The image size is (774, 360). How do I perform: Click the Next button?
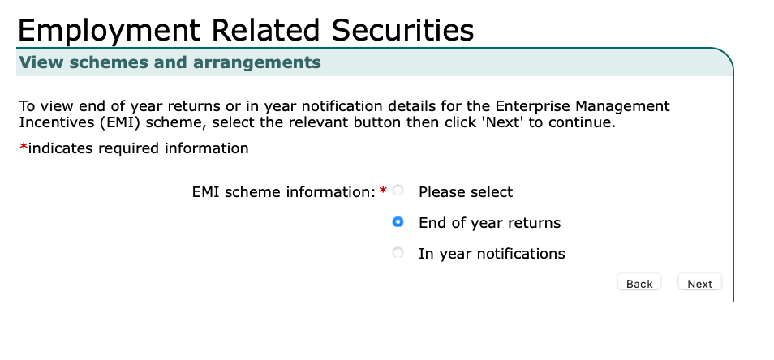pyautogui.click(x=699, y=283)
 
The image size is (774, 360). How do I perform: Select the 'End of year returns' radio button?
pyautogui.click(x=398, y=222)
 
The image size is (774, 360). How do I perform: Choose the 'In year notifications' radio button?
pyautogui.click(x=398, y=253)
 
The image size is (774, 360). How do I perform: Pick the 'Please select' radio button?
pyautogui.click(x=398, y=191)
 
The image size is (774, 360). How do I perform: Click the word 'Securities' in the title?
pyautogui.click(x=402, y=30)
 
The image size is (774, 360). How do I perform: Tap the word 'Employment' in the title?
pyautogui.click(x=109, y=31)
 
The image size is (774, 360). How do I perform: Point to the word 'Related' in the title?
pyautogui.click(x=265, y=30)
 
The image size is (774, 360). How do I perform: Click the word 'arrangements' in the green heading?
pyautogui.click(x=256, y=62)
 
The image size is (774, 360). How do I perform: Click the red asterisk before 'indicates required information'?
pyautogui.click(x=24, y=147)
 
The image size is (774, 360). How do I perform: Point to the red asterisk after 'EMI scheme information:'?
pyautogui.click(x=383, y=191)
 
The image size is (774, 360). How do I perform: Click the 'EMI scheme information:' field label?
pyautogui.click(x=284, y=192)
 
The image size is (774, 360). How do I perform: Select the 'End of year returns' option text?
pyautogui.click(x=490, y=223)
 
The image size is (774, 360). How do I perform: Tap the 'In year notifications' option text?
pyautogui.click(x=492, y=254)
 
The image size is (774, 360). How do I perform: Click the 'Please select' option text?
pyautogui.click(x=466, y=192)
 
